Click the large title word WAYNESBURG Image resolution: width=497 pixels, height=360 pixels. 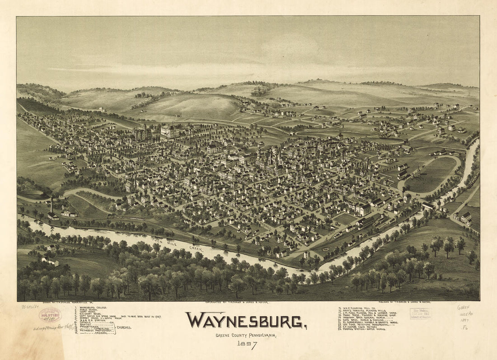click(x=247, y=321)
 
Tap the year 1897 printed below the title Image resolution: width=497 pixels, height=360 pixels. click(x=246, y=345)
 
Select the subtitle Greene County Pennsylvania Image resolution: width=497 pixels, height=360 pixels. click(x=247, y=335)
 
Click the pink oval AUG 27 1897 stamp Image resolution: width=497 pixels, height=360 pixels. click(x=50, y=315)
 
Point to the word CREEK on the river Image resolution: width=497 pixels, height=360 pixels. click(x=196, y=249)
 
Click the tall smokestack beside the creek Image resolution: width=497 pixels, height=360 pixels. click(x=52, y=206)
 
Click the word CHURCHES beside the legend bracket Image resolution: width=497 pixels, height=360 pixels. click(x=124, y=327)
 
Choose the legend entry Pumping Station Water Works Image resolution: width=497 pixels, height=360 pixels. click(x=362, y=329)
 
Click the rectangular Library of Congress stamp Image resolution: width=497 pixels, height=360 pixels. click(x=420, y=313)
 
